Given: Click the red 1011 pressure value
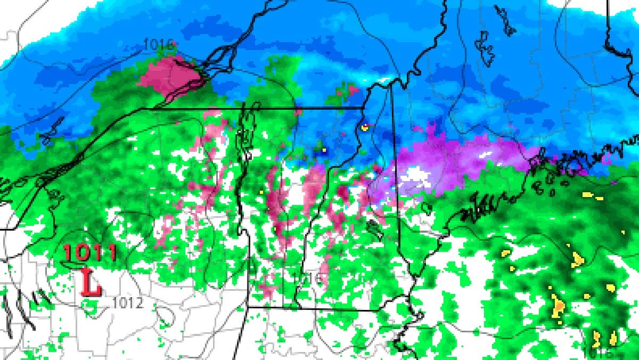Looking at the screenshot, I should pos(89,252).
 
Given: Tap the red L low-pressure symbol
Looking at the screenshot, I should pos(91,282).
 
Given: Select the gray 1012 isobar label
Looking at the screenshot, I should pos(128,303).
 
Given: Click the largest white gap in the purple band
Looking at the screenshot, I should pos(418,174).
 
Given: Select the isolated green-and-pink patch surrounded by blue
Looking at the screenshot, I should pos(343,92).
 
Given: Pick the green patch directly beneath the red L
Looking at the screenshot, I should pos(91,304).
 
